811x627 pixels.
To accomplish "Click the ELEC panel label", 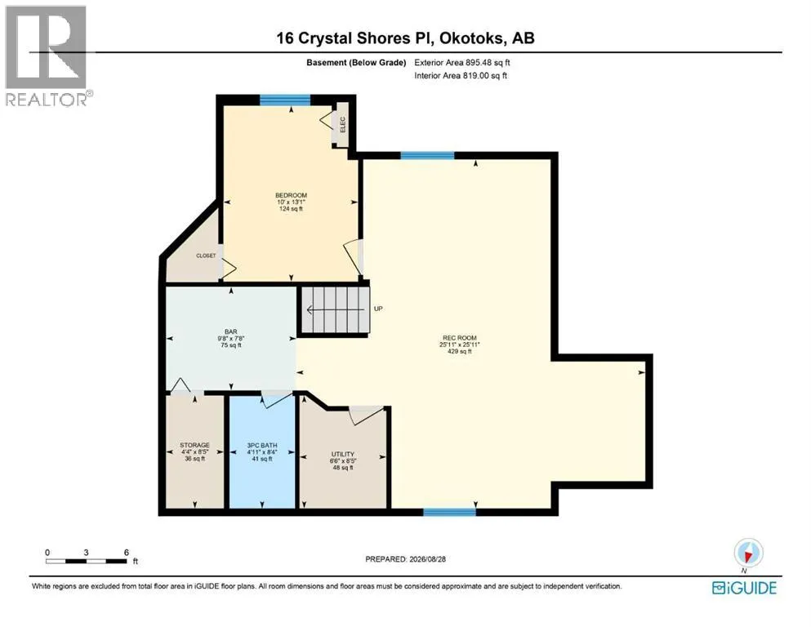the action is point(342,124).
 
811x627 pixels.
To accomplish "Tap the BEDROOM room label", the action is point(292,195).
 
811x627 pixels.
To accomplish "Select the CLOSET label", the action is point(206,256).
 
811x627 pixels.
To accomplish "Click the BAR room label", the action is point(230,331).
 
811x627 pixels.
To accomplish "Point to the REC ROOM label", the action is point(460,338).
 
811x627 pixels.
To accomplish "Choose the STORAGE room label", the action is point(195,445).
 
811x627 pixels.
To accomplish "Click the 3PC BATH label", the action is point(262,445).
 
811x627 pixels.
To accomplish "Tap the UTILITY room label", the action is point(343,455).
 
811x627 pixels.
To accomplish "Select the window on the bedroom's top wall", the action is point(285,100).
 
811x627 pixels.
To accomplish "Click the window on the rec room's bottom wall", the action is point(449,512).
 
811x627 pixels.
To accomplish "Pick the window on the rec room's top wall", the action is point(428,156).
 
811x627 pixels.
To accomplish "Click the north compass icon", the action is point(748,554).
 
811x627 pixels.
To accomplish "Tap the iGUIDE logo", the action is point(744,589).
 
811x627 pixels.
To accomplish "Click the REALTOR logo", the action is point(47,56).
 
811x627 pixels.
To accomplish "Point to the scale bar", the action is point(87,561).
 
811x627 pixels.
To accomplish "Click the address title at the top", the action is point(405,38).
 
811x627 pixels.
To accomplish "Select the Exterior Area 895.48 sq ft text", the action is point(462,63).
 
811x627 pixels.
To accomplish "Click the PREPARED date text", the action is point(405,558).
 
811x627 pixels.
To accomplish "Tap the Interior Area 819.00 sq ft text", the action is point(461,75).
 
